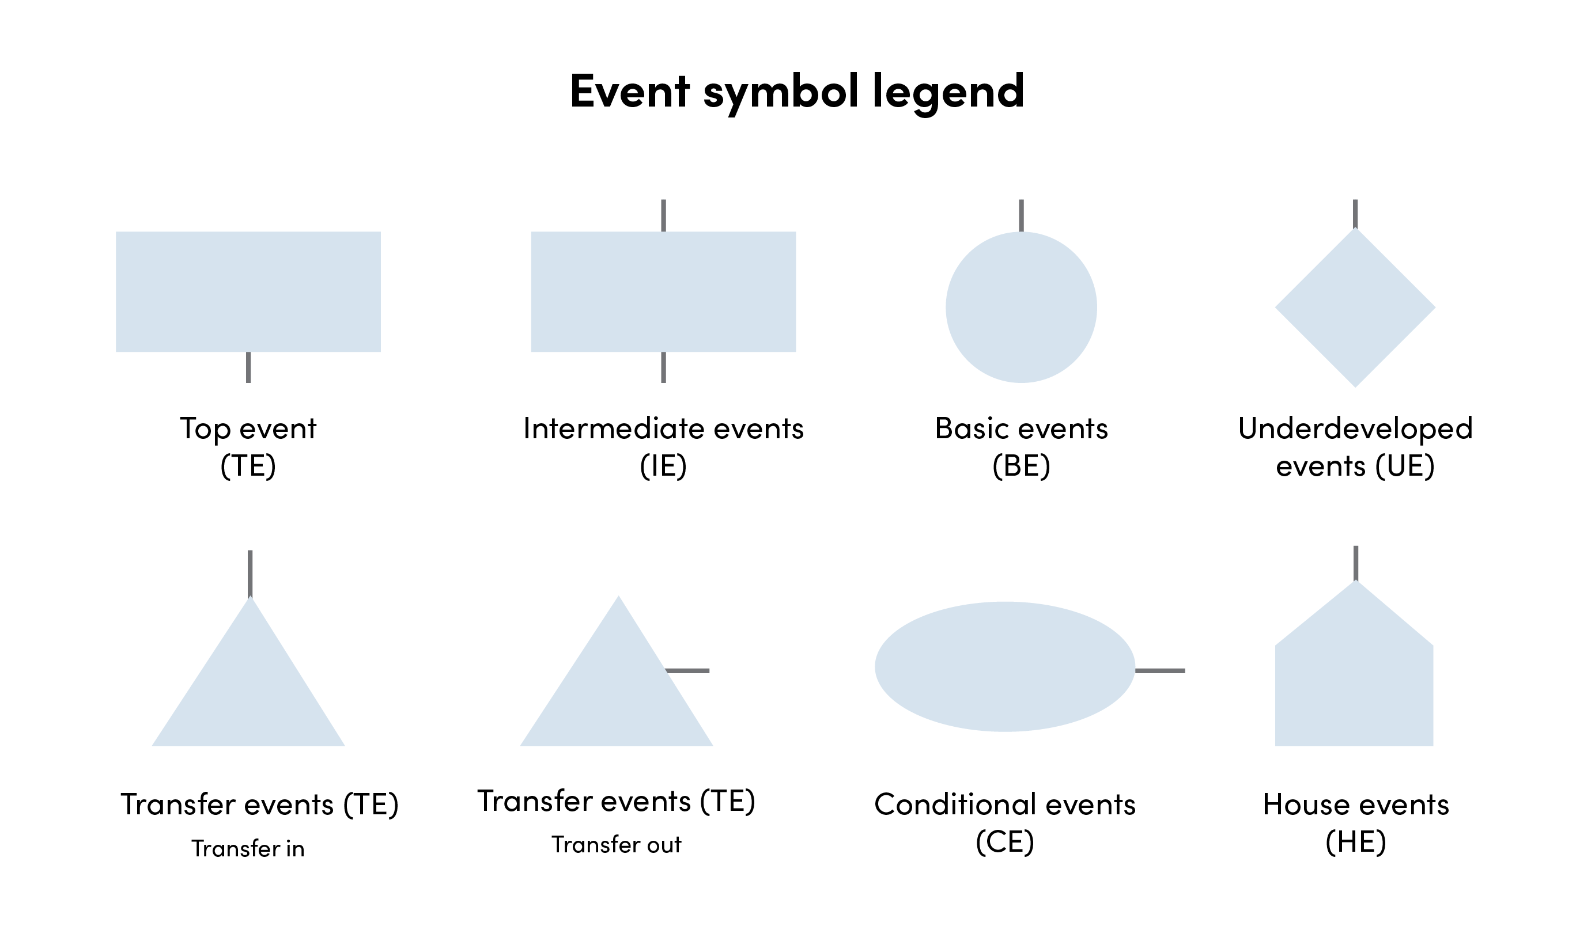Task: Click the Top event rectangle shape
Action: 248,291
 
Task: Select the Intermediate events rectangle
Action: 663,291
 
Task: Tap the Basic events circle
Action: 1021,308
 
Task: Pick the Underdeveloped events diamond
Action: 1355,308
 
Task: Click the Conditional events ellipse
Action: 1004,667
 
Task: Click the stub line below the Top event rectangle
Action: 248,367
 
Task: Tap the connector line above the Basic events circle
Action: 1021,215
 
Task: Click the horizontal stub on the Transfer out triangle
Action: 688,671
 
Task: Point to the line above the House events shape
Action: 1356,563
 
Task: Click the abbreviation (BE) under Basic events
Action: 1021,466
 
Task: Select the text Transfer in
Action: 248,848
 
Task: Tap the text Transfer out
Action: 616,845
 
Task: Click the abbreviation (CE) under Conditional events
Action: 1004,842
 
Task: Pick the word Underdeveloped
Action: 1355,428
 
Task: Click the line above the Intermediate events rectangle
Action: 664,215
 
